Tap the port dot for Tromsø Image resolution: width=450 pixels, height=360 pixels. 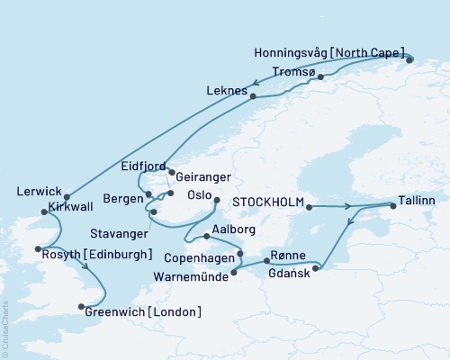[x=320, y=77]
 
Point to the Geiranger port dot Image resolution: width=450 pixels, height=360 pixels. [x=172, y=174]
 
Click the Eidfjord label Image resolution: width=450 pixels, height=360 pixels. [x=143, y=165]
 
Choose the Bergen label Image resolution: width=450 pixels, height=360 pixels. [x=124, y=197]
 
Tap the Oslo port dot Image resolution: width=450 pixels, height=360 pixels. [x=216, y=202]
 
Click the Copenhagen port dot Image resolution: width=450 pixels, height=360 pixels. [x=239, y=254]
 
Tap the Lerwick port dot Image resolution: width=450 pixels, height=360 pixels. [x=67, y=197]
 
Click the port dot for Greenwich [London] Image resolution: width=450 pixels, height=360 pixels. [x=83, y=304]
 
